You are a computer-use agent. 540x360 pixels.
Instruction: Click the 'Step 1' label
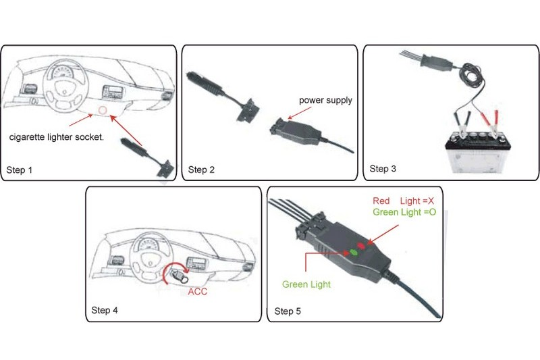[20, 170]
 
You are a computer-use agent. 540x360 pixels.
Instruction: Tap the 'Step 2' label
[201, 170]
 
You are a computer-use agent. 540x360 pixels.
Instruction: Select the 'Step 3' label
[383, 168]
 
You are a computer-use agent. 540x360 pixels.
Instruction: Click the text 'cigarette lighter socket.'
[56, 136]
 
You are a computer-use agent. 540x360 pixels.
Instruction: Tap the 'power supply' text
[326, 101]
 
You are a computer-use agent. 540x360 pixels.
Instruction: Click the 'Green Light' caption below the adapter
[306, 284]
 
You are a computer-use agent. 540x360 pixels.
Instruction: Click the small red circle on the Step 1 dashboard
[103, 109]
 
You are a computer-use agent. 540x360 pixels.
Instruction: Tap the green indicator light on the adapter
[352, 252]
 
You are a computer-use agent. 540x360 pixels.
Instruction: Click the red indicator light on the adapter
[362, 246]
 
